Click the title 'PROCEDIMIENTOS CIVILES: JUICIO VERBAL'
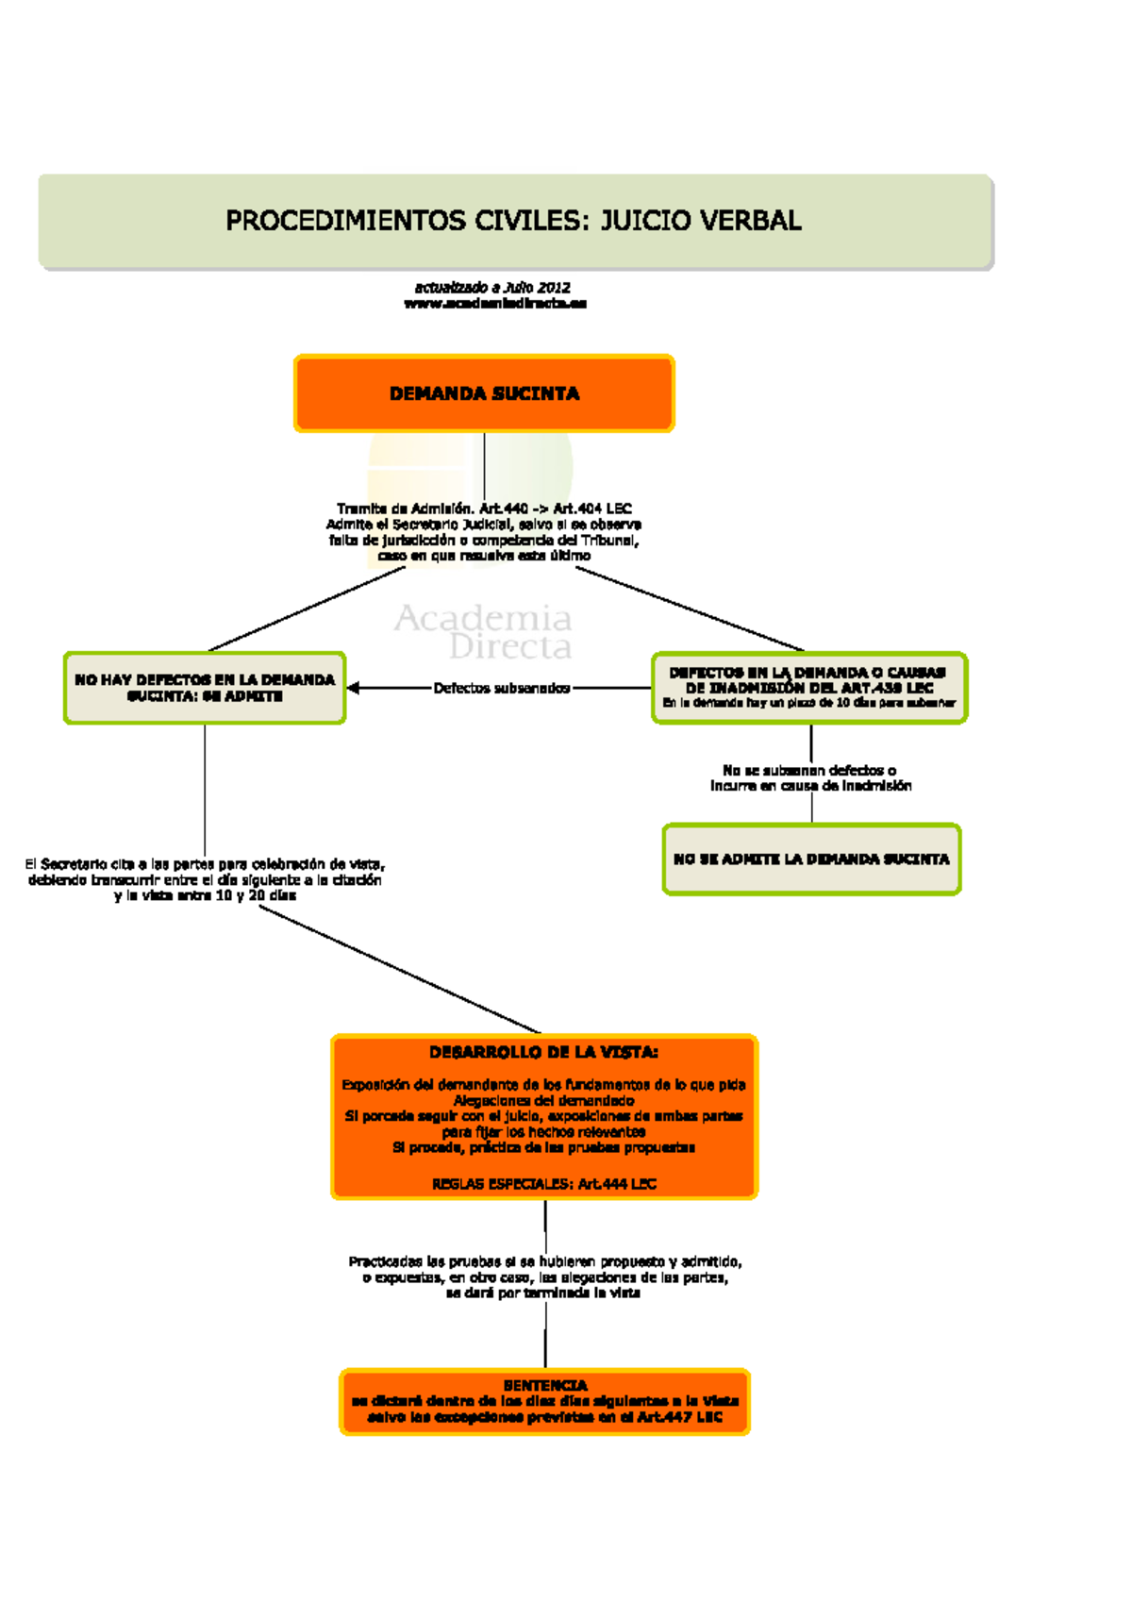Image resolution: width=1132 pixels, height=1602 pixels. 513,221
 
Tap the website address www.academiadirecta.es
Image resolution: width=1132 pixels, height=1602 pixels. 495,304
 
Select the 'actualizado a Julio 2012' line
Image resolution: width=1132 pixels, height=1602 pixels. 492,287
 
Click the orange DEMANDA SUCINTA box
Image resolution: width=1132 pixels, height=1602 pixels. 484,393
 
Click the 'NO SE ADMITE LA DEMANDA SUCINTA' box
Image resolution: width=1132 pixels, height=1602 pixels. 811,859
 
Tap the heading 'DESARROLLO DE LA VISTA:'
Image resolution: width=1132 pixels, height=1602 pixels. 543,1052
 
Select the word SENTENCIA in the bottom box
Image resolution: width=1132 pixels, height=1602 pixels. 545,1385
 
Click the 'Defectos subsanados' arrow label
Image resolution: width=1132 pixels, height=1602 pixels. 502,689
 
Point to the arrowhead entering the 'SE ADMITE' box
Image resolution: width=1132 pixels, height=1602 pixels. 353,689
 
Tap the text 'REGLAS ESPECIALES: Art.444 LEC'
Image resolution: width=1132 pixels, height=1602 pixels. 543,1184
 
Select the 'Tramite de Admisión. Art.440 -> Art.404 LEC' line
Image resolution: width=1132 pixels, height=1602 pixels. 484,509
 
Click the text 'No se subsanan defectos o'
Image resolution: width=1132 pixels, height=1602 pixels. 809,770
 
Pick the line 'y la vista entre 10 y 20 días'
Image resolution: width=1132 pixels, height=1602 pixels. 205,895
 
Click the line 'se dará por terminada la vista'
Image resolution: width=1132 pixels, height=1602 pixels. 543,1293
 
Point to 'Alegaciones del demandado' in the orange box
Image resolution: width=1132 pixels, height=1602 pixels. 543,1100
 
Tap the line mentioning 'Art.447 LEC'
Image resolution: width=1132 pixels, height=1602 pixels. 545,1417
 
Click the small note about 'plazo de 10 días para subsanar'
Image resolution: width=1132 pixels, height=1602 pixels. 808,703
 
